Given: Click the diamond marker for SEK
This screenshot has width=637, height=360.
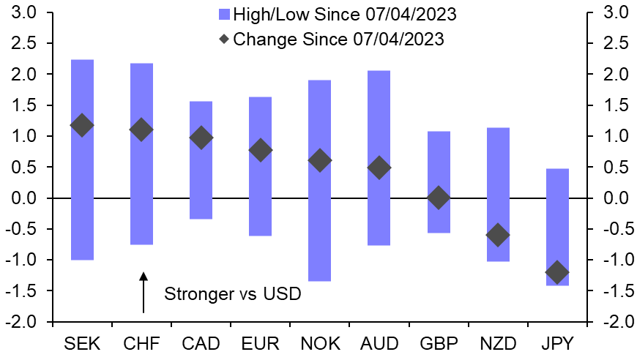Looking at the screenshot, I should click(82, 125).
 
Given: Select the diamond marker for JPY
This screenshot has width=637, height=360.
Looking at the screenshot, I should click(556, 273).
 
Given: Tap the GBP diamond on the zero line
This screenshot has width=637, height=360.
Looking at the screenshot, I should click(438, 198).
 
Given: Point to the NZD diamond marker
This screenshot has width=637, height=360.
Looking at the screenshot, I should click(498, 235).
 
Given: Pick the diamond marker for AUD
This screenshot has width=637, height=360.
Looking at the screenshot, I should click(379, 168).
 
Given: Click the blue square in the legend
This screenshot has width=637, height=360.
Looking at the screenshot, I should click(224, 14).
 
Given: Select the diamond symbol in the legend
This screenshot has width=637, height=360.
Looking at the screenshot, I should click(224, 38).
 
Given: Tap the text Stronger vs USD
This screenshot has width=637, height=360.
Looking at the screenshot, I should click(233, 294).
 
